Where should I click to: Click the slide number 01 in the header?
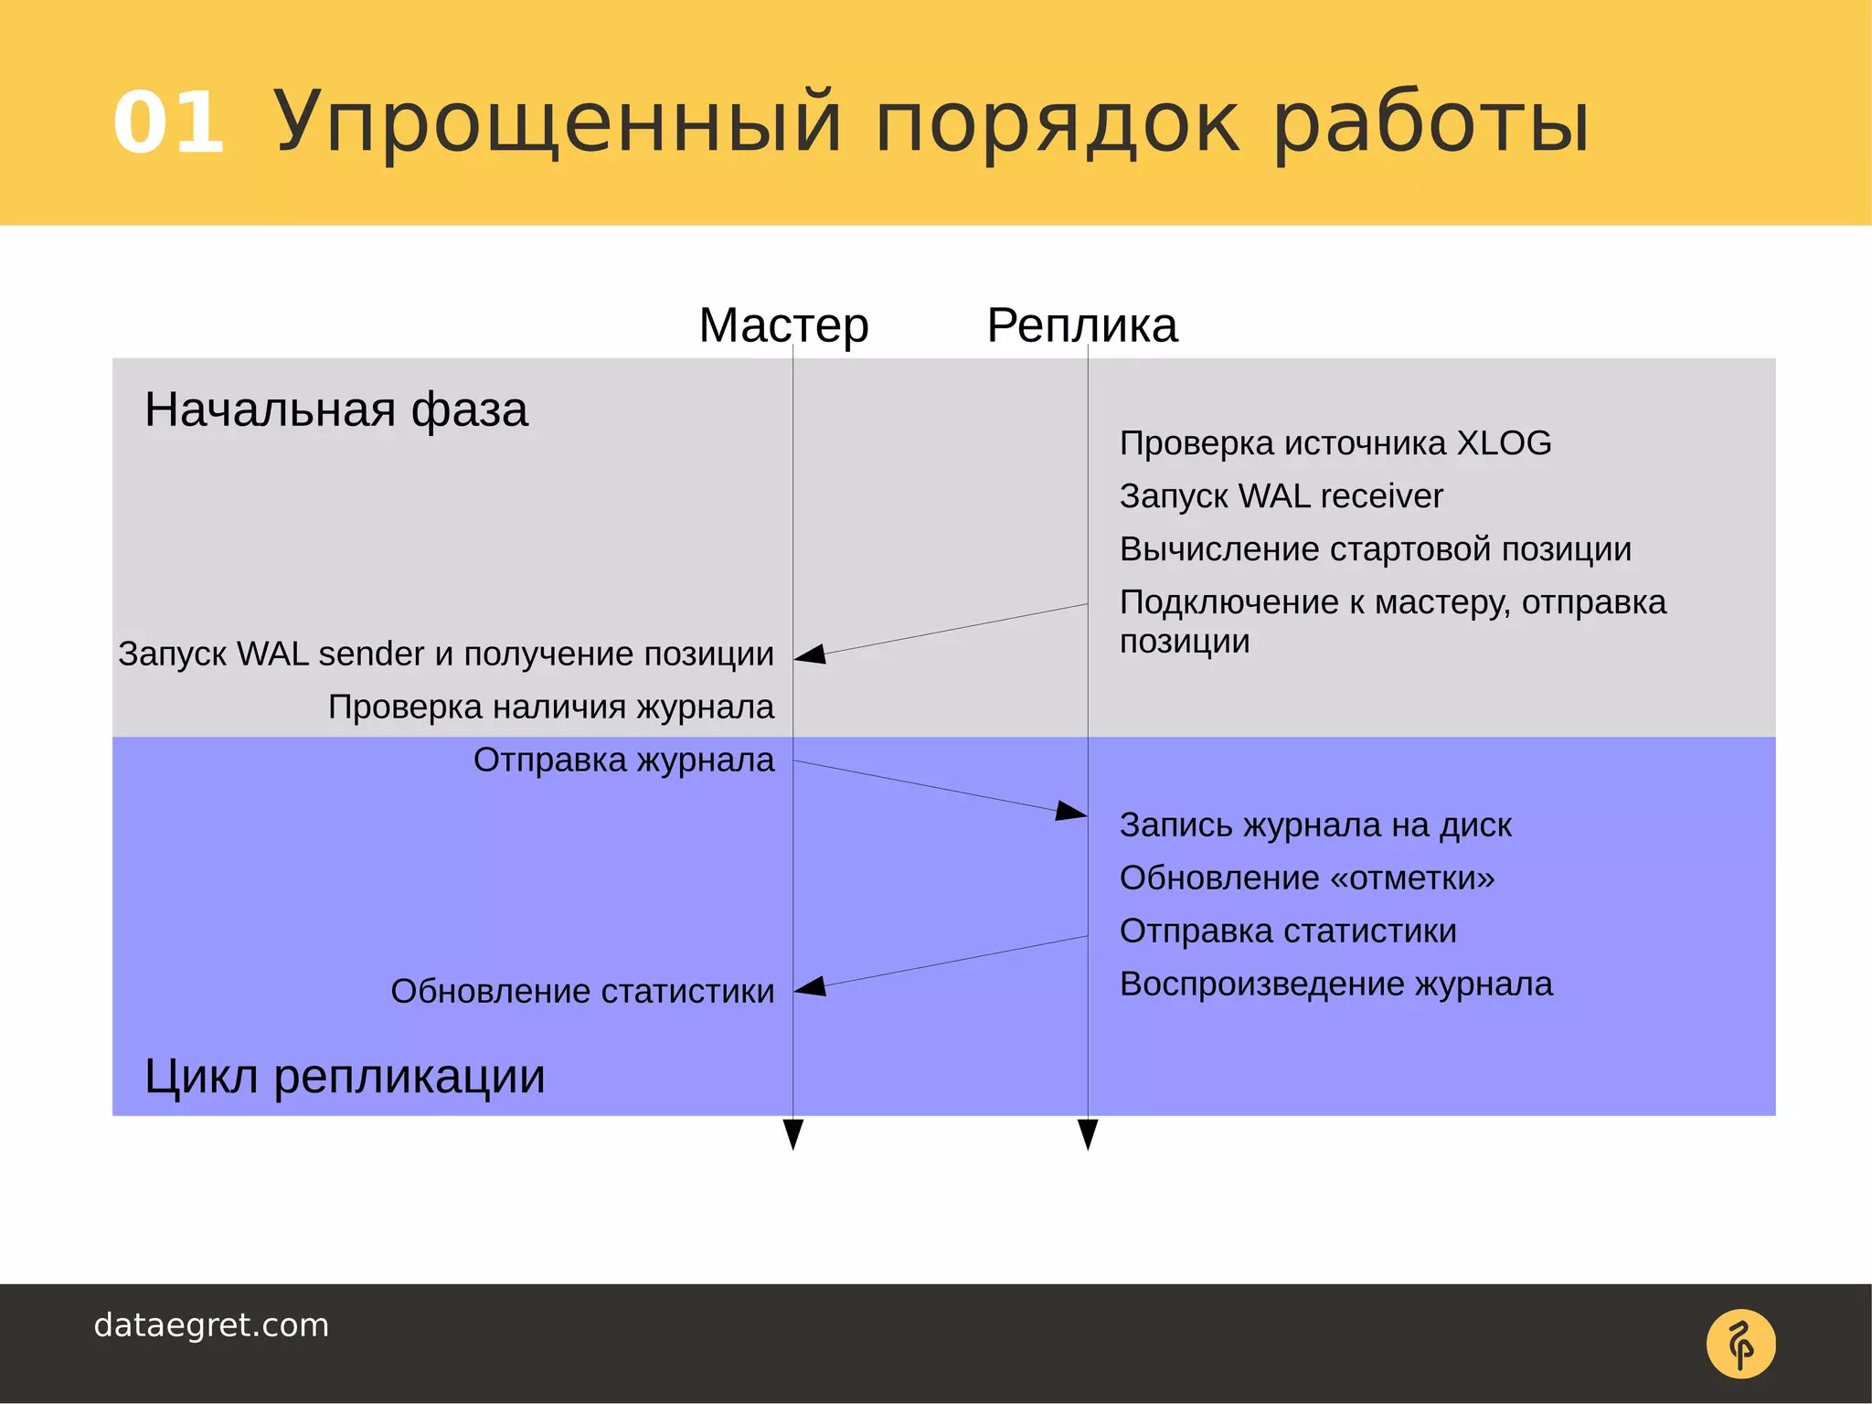[169, 123]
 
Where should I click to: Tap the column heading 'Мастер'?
[783, 325]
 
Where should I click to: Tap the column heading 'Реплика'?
[1082, 325]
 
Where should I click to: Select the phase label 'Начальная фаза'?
[335, 409]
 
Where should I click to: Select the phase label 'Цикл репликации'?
[345, 1076]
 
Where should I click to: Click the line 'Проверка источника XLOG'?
[1335, 443]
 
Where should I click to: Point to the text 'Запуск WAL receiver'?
[1281, 496]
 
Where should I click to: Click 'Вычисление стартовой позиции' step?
[1375, 549]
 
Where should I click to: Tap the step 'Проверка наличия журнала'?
[551, 707]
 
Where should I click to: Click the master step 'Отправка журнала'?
[623, 760]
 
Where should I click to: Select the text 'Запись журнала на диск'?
[1315, 825]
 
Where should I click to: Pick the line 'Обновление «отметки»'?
[1307, 878]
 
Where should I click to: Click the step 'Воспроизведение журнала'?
[1335, 984]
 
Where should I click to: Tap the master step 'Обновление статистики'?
[582, 991]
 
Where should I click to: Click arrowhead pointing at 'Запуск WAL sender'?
[811, 654]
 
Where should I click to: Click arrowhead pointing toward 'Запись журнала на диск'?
[1070, 811]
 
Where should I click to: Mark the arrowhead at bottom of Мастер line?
[793, 1133]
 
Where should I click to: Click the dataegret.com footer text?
[211, 1325]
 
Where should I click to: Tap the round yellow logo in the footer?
[1740, 1344]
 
